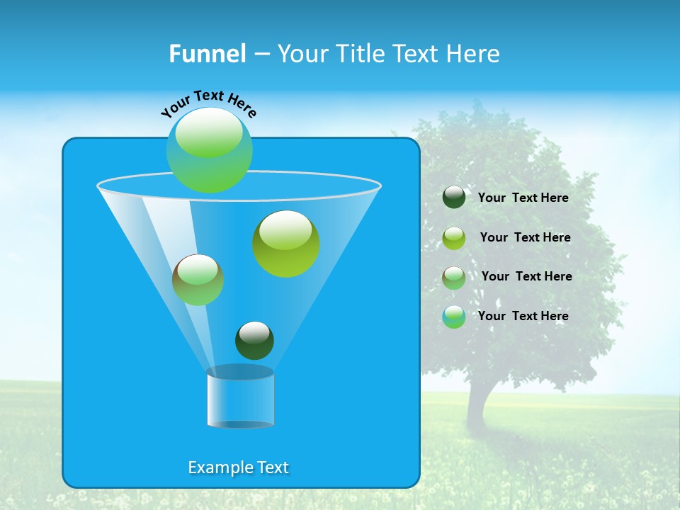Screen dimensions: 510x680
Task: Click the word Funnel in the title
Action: [207, 54]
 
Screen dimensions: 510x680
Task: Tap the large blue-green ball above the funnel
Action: [210, 149]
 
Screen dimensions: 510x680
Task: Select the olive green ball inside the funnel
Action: [286, 244]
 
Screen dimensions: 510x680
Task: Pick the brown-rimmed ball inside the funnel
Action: [198, 280]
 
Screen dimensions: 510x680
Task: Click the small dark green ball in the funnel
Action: [254, 341]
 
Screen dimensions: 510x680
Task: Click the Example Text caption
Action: [238, 467]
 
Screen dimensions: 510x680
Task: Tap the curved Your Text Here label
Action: [208, 103]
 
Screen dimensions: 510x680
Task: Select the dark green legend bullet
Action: [454, 198]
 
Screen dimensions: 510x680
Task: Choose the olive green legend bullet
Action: [454, 238]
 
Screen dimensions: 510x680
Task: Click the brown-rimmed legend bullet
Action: [454, 278]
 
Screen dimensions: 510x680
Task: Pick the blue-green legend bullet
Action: [454, 317]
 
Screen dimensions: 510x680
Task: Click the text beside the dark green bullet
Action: [523, 198]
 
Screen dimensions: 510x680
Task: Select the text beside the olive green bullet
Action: [525, 237]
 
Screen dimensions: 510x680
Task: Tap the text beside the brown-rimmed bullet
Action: [526, 276]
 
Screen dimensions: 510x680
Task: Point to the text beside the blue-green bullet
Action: [523, 316]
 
